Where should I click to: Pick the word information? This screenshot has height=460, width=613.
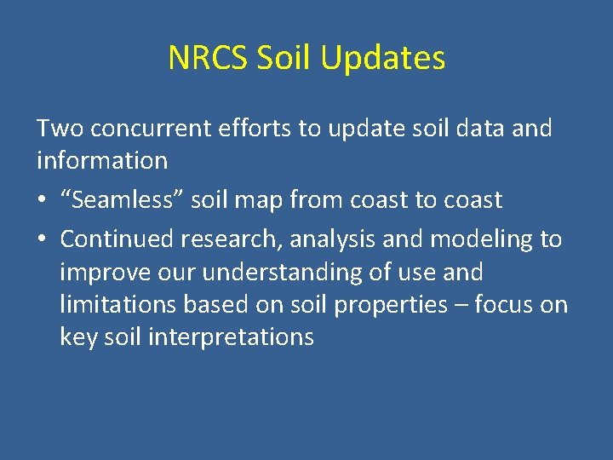(101, 160)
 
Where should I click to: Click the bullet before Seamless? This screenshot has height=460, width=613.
(43, 201)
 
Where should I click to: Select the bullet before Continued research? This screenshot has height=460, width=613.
(43, 240)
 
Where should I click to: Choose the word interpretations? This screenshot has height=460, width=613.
(231, 337)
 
